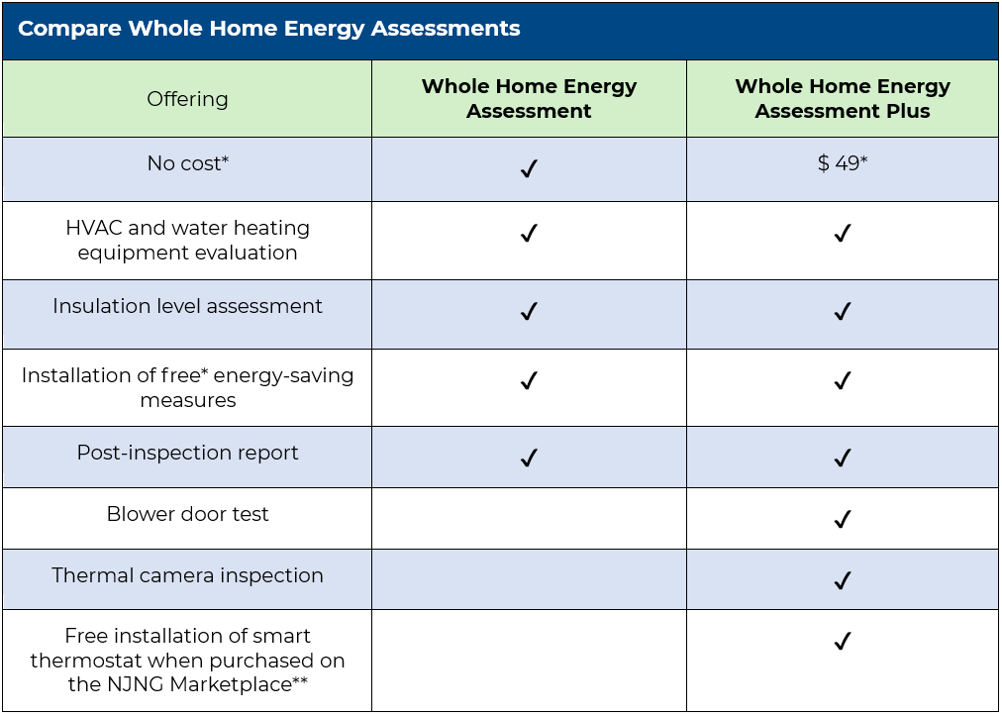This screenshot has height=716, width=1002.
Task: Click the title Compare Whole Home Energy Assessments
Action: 268,29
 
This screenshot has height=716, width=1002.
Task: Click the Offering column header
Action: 187,99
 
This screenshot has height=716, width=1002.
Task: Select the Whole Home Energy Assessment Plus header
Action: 842,99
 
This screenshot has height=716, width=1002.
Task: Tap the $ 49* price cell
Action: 842,164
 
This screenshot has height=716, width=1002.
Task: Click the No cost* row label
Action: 187,164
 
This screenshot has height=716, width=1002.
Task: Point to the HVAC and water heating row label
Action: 187,241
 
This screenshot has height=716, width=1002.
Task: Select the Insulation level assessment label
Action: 187,307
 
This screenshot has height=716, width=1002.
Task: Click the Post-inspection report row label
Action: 187,454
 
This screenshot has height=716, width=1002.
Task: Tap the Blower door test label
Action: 187,515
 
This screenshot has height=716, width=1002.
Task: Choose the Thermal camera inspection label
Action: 187,576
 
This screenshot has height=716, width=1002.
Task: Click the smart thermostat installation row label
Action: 187,661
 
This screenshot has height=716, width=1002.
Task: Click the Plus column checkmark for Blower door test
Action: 842,519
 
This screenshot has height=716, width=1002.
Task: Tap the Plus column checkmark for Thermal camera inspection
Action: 842,580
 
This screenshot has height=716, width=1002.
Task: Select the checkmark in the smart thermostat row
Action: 842,642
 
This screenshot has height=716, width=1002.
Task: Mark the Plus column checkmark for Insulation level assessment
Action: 842,312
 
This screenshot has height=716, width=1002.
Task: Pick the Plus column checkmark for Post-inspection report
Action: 842,458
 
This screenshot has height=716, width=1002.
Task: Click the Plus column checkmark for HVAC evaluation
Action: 842,234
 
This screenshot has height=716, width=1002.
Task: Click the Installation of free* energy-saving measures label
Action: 187,388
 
